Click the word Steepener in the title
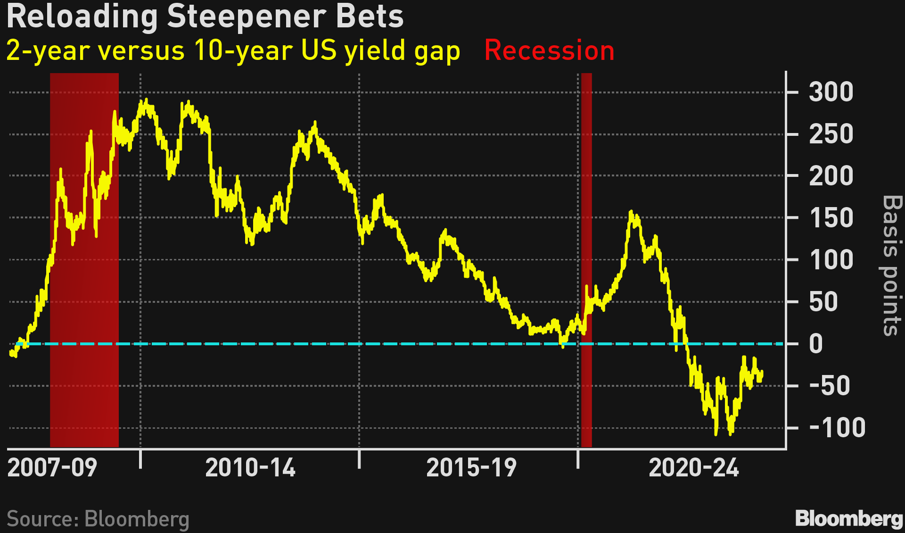pos(247,17)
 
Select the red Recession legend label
pos(549,50)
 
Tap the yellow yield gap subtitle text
pos(233,51)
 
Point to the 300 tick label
pos(831,92)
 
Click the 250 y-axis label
pos(831,134)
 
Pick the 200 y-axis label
pos(831,176)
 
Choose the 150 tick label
pos(831,218)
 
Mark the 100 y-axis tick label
pos(831,260)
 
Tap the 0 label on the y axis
pos(816,344)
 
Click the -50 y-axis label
pos(830,386)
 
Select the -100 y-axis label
pos(837,428)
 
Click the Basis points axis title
pos(891,266)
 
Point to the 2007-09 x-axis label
pos(52,468)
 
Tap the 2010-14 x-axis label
pos(250,468)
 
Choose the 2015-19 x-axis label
pos(471,468)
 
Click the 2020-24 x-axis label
pos(694,468)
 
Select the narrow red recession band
pos(586,259)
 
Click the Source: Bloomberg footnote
pos(98,519)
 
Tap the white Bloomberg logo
pos(849,519)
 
